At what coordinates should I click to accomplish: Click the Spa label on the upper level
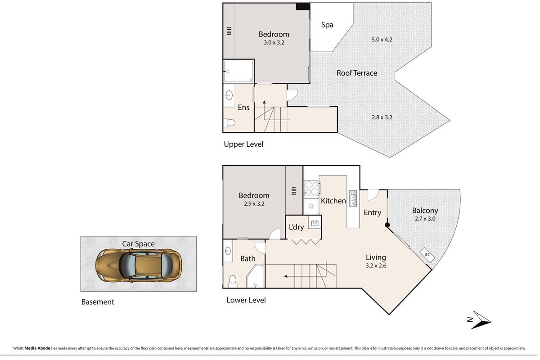point(327,25)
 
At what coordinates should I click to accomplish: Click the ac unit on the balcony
point(427,254)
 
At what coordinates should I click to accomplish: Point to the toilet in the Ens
point(229,122)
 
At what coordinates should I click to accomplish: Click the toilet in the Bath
point(232,281)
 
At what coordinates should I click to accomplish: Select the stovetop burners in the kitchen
point(311,188)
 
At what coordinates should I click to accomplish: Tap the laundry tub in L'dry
point(314,222)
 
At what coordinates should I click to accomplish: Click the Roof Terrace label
point(357,73)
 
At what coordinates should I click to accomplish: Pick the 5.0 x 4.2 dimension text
point(382,39)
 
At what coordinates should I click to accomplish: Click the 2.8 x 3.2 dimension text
point(382,117)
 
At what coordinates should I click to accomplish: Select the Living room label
point(375,257)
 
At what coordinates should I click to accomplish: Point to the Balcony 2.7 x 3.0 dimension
point(424,219)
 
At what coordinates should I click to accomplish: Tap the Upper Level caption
point(243,144)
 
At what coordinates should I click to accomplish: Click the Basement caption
point(98,302)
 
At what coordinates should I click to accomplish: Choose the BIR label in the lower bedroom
point(294,191)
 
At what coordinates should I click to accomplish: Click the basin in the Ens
point(229,95)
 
